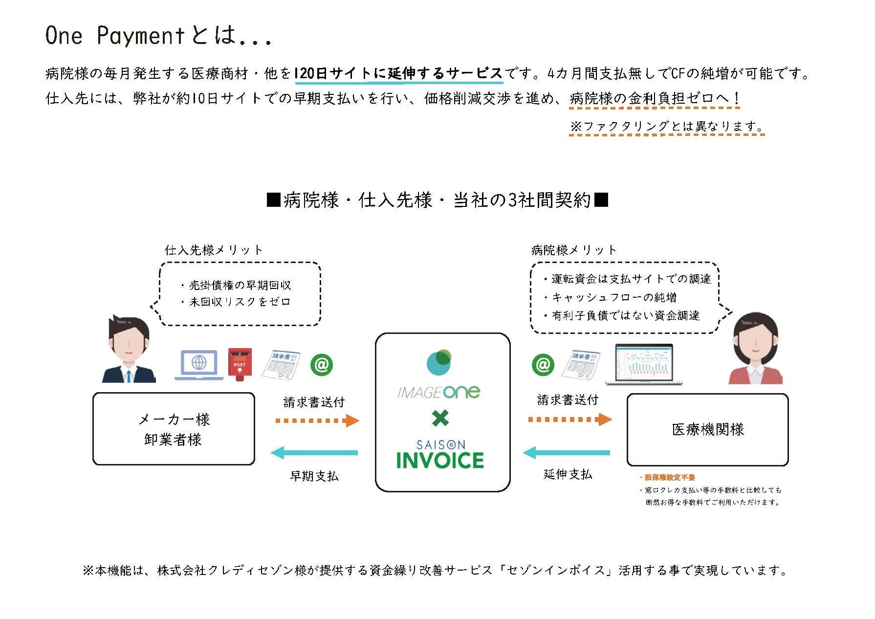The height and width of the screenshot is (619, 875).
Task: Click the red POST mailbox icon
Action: pos(240,364)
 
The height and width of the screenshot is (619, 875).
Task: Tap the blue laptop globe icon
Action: pos(199,365)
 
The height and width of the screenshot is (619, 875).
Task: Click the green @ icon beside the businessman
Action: pos(322,365)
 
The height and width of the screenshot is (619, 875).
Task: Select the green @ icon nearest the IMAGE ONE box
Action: pos(543,365)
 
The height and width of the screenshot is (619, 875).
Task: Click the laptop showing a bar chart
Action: pos(644,365)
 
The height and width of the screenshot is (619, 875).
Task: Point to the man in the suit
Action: pos(128,349)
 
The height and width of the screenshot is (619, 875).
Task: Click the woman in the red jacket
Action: pos(755,349)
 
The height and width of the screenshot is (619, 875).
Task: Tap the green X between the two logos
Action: pos(440,418)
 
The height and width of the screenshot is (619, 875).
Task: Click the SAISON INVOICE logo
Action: pos(440,455)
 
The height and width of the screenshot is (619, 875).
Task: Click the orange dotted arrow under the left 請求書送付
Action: pos(317,420)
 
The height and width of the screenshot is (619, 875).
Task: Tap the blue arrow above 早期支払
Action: pos(315,453)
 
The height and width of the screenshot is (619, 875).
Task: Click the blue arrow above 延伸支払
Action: pos(567,453)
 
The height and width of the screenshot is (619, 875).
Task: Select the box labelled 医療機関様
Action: pos(707,430)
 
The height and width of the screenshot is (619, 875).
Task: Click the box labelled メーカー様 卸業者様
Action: pos(174,429)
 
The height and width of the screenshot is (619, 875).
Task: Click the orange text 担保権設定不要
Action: pos(669,477)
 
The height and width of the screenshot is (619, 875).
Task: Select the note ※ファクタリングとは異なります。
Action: pos(666,126)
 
